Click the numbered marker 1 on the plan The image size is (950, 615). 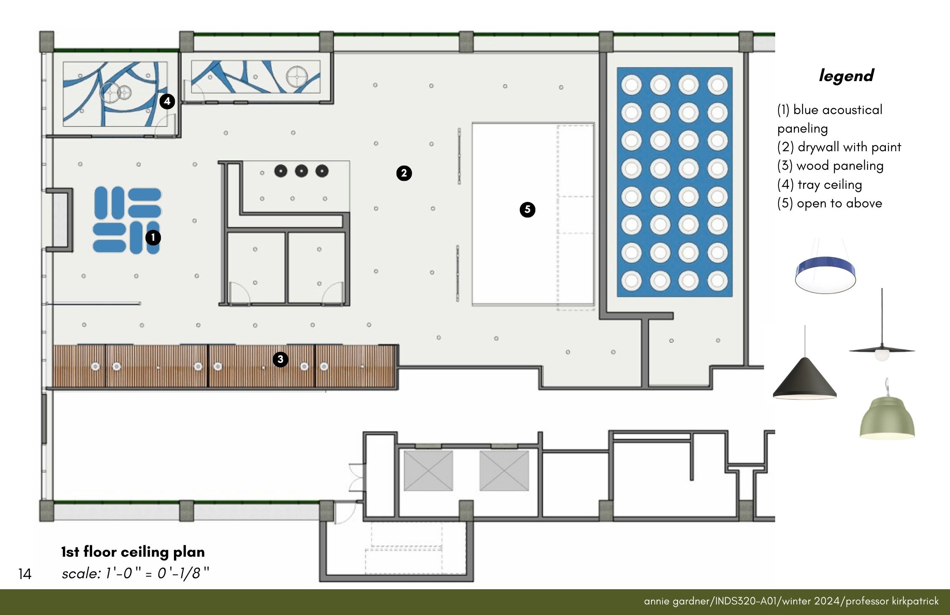click(x=153, y=237)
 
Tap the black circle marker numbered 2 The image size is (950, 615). click(x=404, y=173)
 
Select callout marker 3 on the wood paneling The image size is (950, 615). click(x=280, y=359)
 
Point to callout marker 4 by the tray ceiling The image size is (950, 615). click(x=167, y=101)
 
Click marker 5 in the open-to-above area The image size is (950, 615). click(x=527, y=210)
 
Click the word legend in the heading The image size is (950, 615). click(x=846, y=76)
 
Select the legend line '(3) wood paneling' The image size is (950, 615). click(x=830, y=166)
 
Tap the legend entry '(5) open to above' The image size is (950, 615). click(x=830, y=203)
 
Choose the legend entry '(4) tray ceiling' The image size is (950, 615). click(x=820, y=185)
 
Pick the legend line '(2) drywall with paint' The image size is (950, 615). click(x=839, y=147)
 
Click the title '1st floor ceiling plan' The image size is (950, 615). click(x=133, y=552)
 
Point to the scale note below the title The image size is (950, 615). click(x=136, y=573)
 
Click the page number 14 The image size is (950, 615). click(x=25, y=574)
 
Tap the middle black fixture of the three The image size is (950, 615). click(x=301, y=171)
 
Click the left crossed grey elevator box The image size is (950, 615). click(x=428, y=471)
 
